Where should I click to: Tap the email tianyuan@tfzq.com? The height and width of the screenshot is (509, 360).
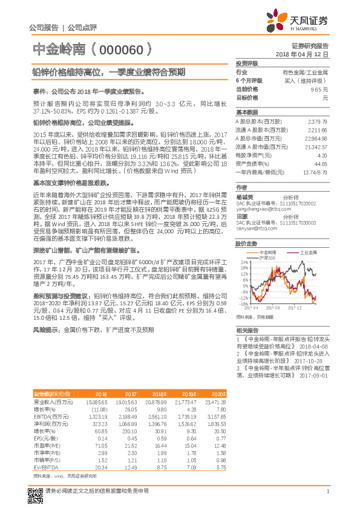point(253,229)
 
